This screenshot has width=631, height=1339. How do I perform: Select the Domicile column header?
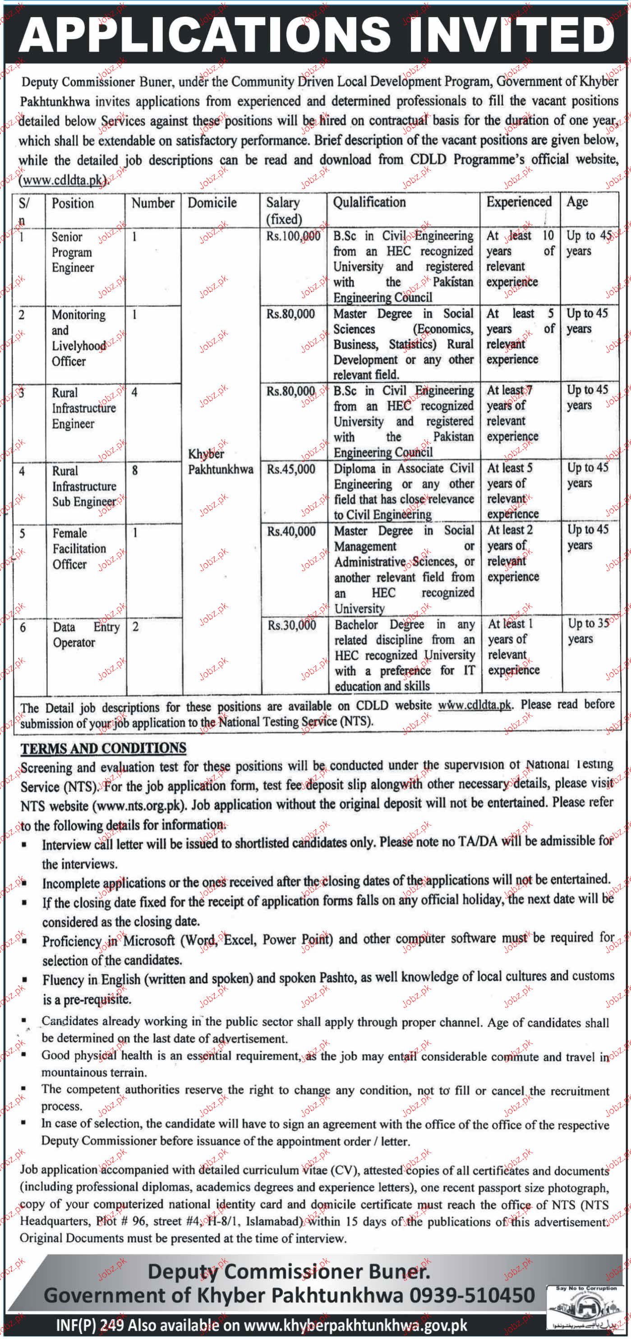[x=212, y=203]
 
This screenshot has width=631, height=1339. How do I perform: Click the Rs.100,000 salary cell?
[x=293, y=236]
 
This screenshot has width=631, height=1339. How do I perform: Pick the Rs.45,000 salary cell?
[x=291, y=469]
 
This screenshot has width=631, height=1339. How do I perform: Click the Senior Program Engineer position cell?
[x=72, y=252]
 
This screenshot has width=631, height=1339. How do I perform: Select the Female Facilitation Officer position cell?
[x=79, y=549]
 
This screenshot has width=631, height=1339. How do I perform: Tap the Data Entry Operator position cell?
[x=86, y=635]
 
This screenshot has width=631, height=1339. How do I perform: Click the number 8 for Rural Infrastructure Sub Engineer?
[x=135, y=471]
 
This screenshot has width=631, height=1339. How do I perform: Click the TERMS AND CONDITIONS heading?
[x=103, y=748]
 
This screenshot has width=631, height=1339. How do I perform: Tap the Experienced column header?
[x=519, y=202]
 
